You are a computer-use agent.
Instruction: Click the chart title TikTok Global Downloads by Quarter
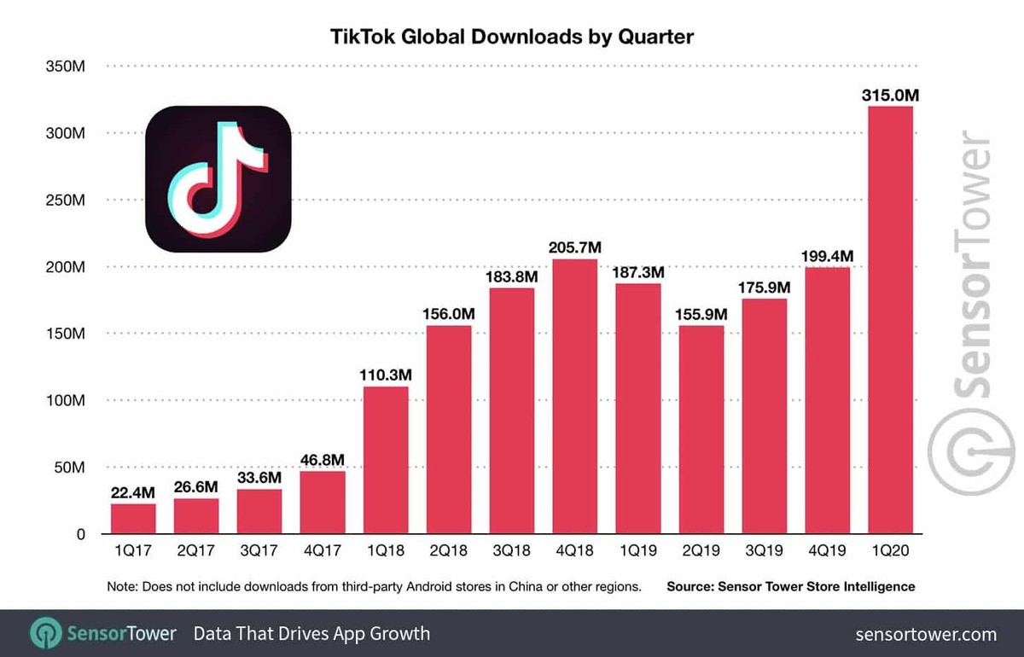[x=512, y=37]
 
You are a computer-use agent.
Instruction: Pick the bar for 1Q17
[x=133, y=519]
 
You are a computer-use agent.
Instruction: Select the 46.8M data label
[x=323, y=459]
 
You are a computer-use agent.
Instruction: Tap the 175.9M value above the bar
[x=764, y=287]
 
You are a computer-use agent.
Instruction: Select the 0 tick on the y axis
[x=80, y=534]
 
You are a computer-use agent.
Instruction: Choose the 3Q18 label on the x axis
[x=512, y=552]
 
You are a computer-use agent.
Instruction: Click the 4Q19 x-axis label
[x=827, y=552]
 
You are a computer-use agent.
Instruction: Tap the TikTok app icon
[x=218, y=178]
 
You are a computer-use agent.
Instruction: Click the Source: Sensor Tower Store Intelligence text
[x=790, y=587]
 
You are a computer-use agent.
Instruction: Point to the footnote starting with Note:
[x=374, y=587]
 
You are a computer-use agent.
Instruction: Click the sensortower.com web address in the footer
[x=925, y=634]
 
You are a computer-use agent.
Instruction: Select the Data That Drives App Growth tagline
[x=311, y=634]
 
